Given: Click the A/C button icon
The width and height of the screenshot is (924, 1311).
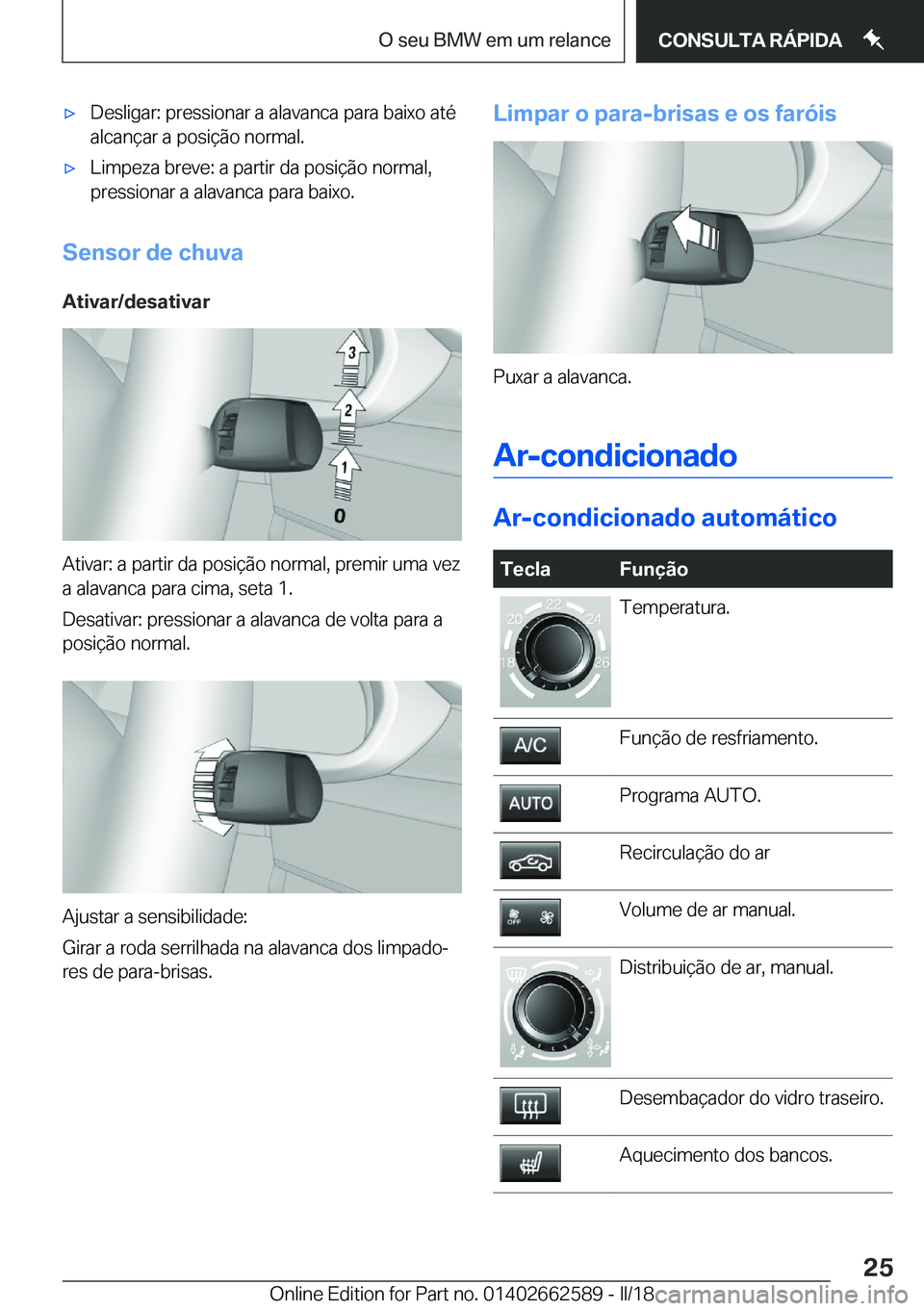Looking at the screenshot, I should (529, 746).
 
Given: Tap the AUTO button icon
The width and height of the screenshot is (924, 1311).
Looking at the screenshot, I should (529, 803).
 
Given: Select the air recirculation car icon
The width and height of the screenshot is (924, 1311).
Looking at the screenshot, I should (529, 861).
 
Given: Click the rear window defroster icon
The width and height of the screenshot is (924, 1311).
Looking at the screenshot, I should (529, 1106).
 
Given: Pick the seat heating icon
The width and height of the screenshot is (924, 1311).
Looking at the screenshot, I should (529, 1163).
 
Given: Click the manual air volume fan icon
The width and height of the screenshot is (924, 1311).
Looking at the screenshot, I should (529, 917).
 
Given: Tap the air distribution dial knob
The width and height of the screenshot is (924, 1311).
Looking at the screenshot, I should (553, 1010).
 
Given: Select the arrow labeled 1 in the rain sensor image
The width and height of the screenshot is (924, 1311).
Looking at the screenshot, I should (344, 471).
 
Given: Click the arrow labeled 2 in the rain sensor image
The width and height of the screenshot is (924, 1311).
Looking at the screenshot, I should (348, 414).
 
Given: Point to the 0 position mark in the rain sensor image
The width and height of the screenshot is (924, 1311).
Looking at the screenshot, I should (340, 517).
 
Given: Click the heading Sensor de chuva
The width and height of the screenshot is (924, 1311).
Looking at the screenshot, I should (153, 252).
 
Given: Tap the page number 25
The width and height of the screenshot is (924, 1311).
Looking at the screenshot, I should (877, 1267).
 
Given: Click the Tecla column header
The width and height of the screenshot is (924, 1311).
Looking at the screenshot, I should (526, 569).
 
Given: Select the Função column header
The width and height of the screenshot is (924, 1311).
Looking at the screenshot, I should (654, 569).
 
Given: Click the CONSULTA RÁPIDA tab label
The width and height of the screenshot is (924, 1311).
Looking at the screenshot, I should (750, 40).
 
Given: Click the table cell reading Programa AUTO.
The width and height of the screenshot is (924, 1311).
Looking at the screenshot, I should (690, 796).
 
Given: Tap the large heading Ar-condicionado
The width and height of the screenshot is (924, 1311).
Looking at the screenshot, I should (615, 455).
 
